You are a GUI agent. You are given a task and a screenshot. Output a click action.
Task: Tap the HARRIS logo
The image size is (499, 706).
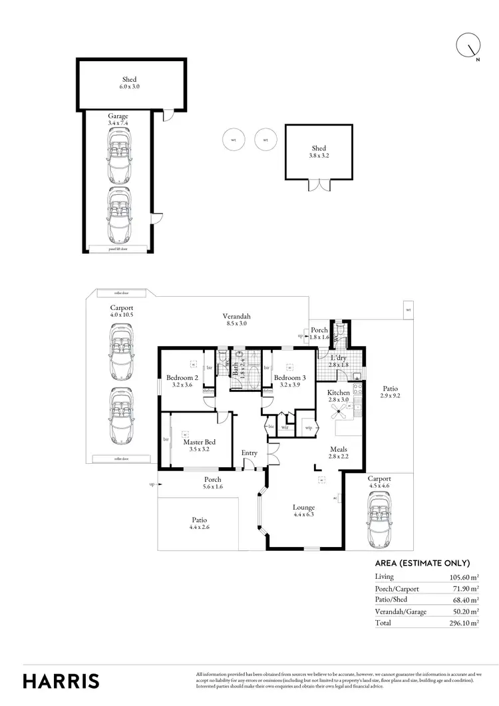pos(61,681)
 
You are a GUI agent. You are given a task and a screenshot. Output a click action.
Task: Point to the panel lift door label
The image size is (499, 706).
pos(117,249)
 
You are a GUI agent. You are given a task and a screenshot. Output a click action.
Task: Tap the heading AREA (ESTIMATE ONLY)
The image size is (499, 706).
pos(422,563)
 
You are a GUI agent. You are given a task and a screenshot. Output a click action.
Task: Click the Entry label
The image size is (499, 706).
pos(249,453)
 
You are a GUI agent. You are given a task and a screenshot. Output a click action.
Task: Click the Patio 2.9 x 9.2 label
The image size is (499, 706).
pos(389,392)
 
